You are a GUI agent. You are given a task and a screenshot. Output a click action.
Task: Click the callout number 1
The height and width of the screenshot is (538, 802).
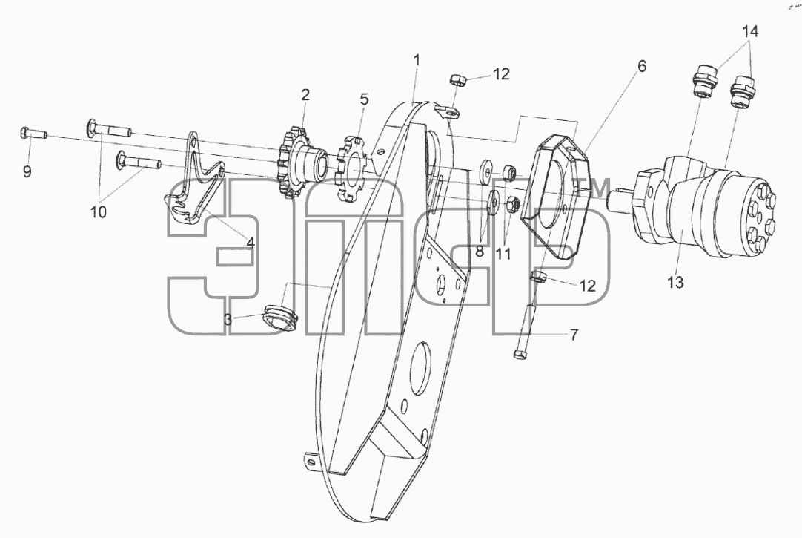(417, 60)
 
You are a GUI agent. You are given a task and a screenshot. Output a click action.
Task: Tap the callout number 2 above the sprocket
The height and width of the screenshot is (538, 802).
(305, 95)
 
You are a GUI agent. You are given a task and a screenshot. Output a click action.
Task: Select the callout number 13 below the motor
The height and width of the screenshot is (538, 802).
(676, 282)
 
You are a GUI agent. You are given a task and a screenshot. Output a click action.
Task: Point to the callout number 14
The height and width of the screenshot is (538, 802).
(750, 31)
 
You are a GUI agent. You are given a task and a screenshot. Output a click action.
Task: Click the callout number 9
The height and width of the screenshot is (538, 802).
(27, 171)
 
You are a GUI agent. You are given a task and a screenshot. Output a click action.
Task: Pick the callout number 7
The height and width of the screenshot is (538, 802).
(574, 335)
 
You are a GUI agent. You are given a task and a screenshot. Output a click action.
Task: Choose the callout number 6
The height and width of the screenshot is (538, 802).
(641, 66)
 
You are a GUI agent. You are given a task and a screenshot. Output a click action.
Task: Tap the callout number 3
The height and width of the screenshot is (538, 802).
(228, 320)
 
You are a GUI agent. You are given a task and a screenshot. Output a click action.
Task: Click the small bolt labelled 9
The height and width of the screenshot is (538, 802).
(34, 134)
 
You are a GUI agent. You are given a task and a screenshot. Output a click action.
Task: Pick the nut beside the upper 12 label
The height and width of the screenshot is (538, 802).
(457, 79)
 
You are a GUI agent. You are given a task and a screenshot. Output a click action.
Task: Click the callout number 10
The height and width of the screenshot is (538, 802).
(98, 211)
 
